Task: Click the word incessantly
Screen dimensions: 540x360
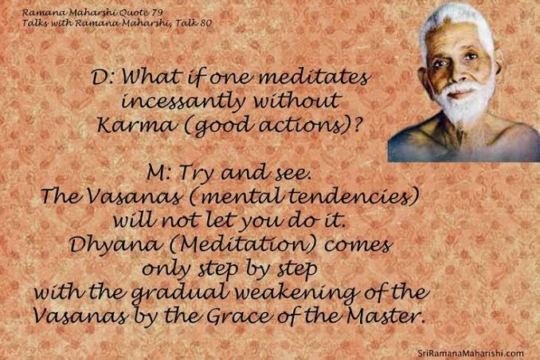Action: pos(183,102)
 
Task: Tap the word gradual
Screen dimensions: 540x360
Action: pos(181,294)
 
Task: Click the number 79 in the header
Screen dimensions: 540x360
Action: pos(156,13)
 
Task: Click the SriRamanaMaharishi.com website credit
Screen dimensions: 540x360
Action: pos(471,353)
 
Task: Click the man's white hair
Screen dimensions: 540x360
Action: pos(455,21)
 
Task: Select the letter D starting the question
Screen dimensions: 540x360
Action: pos(100,78)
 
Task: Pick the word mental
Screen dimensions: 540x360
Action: pos(239,197)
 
